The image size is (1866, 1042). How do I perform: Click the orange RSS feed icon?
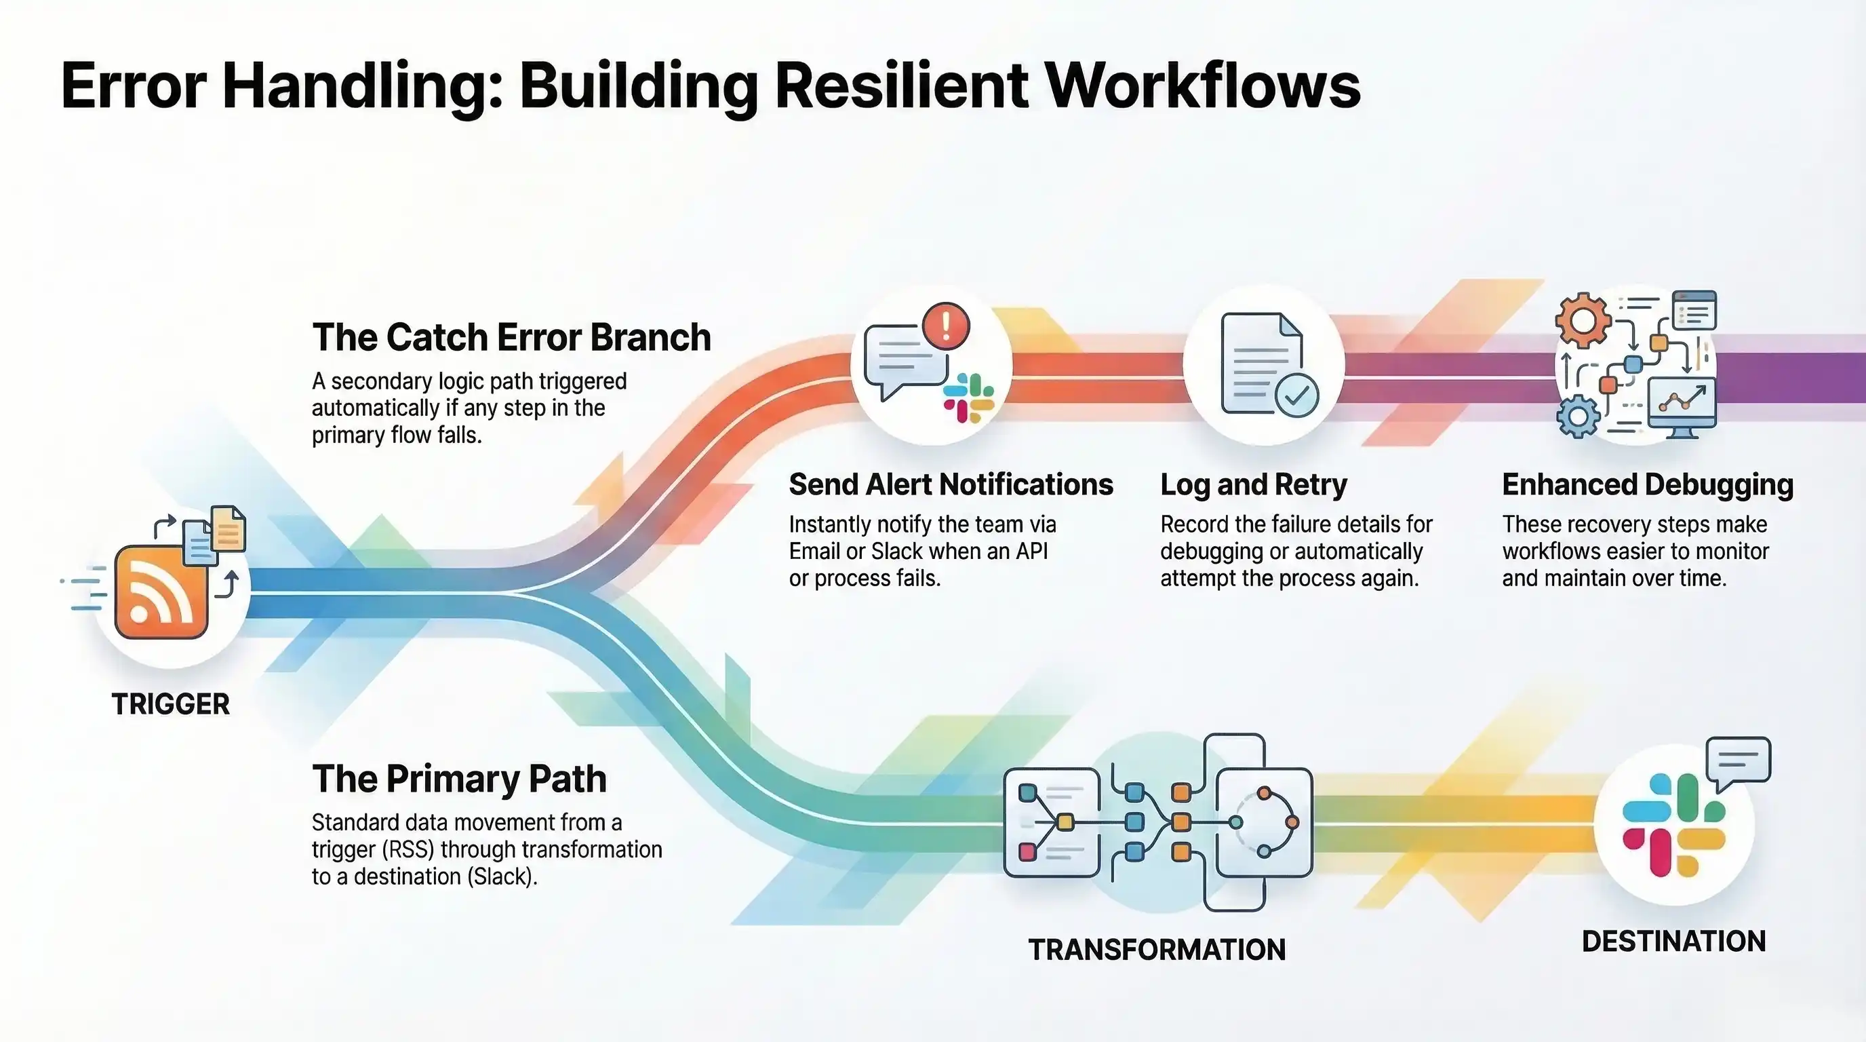point(161,592)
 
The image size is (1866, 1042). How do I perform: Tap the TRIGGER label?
point(170,704)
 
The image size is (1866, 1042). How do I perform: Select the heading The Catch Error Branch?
point(511,338)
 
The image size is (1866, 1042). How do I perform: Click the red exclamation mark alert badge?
point(945,326)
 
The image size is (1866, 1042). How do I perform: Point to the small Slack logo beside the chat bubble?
point(968,398)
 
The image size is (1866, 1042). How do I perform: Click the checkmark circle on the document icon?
point(1296,395)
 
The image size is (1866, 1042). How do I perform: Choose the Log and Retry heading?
point(1253,485)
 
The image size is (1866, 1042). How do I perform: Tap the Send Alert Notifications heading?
point(951,485)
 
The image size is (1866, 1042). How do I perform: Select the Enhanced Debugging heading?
point(1647,485)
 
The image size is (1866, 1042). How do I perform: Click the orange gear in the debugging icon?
point(1583,320)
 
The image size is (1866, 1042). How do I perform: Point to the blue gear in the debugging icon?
point(1578,417)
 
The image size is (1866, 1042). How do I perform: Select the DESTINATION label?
point(1673,942)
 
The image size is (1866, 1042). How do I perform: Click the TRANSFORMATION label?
point(1157,949)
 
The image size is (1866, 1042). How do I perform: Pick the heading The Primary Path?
point(459,779)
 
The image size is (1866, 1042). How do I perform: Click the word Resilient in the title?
point(901,85)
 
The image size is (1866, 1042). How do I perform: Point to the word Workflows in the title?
point(1204,85)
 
